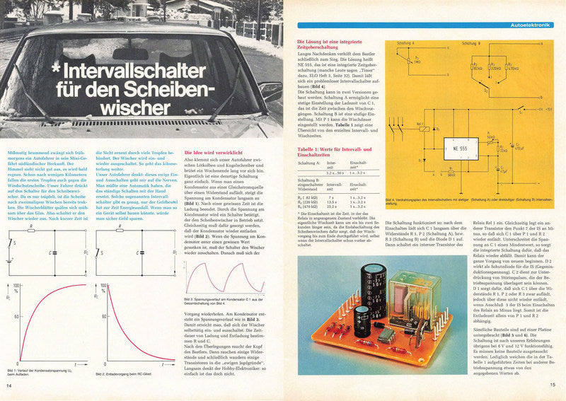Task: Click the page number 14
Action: click(9, 385)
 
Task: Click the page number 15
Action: click(553, 385)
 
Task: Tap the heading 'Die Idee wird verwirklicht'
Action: click(217, 153)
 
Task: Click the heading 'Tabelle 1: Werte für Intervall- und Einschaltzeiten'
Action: click(337, 153)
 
